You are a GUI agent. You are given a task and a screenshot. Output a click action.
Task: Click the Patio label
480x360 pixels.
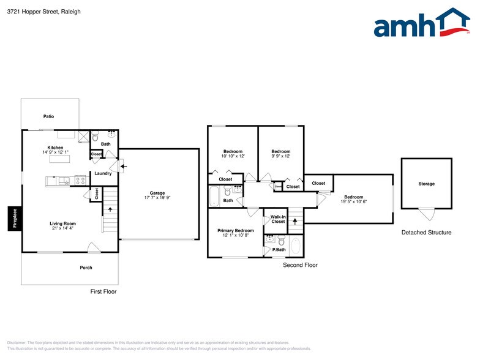[x=49, y=116]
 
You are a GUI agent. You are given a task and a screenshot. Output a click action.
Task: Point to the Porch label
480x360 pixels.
[x=86, y=268]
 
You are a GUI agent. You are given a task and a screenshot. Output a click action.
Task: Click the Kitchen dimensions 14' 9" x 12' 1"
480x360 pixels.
[x=56, y=152]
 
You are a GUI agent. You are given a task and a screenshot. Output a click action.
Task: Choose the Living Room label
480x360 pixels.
[x=62, y=223]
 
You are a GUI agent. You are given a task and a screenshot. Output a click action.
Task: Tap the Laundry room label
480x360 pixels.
[x=103, y=173]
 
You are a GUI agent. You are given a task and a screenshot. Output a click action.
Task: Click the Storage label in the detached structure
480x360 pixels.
[x=427, y=184]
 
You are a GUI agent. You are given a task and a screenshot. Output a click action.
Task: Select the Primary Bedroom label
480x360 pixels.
[x=235, y=230]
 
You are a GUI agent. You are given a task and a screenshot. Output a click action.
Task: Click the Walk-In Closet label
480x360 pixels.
[x=278, y=219]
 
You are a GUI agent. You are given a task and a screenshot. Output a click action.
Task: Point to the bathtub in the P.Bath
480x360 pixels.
[x=296, y=246]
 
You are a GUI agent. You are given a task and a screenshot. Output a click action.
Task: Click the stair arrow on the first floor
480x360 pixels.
[x=110, y=210]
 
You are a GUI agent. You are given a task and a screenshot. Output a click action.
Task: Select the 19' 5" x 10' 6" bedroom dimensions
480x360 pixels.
[x=354, y=201]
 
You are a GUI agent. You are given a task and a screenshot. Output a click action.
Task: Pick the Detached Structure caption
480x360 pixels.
[x=426, y=233]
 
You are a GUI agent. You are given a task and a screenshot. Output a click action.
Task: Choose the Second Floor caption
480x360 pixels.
[x=300, y=265]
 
